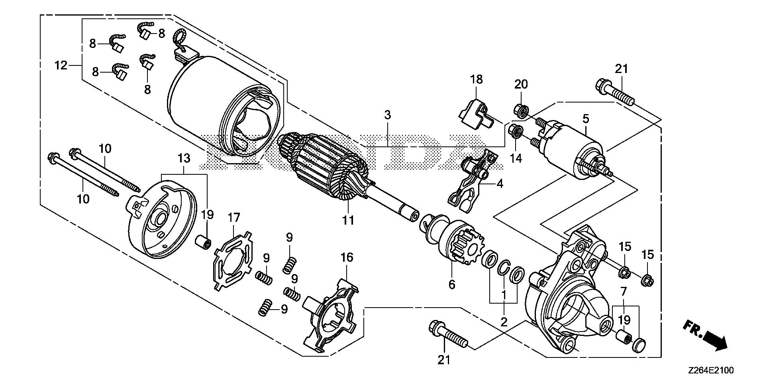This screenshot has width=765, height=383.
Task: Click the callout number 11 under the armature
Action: tap(348, 220)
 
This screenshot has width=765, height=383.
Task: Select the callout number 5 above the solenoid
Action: tap(586, 118)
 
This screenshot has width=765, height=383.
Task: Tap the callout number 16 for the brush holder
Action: tap(347, 257)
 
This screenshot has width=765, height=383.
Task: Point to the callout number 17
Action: tap(234, 218)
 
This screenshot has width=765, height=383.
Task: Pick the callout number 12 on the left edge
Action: tap(61, 65)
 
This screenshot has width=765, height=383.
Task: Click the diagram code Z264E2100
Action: tap(709, 370)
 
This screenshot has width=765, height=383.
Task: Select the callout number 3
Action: tap(387, 115)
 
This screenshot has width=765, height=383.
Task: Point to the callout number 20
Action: tap(521, 84)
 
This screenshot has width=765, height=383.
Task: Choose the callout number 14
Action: tap(516, 158)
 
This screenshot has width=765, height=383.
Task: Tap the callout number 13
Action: tap(184, 158)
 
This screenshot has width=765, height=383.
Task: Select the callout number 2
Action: tap(504, 322)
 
